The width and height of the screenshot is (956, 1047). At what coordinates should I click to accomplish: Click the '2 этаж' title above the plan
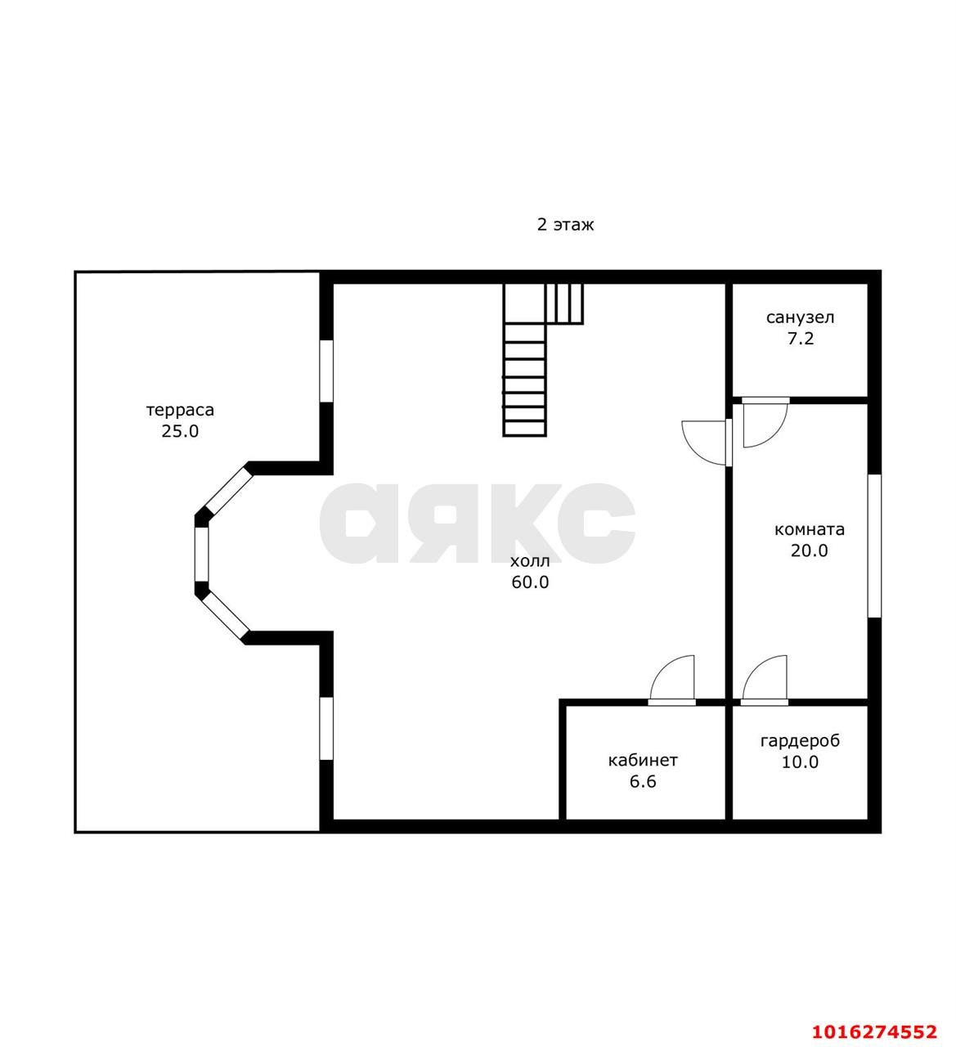(x=565, y=224)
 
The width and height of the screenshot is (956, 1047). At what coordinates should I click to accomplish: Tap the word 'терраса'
(x=180, y=410)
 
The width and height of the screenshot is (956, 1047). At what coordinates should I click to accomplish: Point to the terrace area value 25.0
(x=180, y=431)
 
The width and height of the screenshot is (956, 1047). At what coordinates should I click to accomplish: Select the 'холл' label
(x=530, y=561)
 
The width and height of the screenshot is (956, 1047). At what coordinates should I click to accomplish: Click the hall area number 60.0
(x=530, y=582)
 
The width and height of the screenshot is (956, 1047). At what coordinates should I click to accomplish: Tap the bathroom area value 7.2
(x=801, y=338)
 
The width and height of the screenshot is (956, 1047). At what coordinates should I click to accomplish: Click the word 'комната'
(x=810, y=529)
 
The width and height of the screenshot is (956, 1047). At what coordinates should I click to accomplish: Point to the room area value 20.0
(x=810, y=550)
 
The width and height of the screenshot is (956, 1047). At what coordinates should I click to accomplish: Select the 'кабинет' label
(x=643, y=760)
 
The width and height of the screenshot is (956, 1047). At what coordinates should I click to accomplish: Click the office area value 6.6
(x=643, y=781)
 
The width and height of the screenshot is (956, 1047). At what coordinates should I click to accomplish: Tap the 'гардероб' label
(x=800, y=741)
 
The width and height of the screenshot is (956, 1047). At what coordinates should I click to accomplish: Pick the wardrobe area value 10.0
(x=800, y=762)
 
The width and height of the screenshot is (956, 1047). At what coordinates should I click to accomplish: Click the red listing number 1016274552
(x=874, y=1031)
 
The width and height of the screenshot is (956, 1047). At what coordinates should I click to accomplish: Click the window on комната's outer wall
(x=874, y=546)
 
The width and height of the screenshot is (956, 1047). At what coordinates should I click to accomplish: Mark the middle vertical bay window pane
(x=201, y=555)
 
